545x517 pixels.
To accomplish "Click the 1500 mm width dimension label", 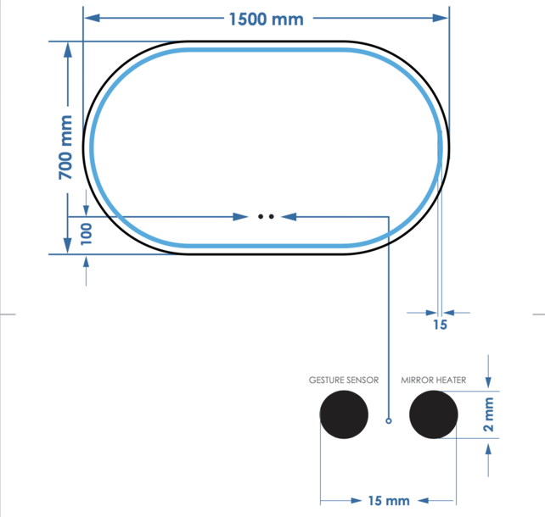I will pyautogui.click(x=266, y=19).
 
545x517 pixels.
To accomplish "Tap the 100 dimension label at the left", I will pyautogui.click(x=86, y=233).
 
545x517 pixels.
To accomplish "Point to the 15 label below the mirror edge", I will pyautogui.click(x=440, y=324).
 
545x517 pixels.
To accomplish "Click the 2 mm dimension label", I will pyautogui.click(x=488, y=415).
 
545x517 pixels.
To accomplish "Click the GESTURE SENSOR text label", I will pyautogui.click(x=344, y=381).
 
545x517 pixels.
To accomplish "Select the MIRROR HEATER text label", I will pyautogui.click(x=433, y=381).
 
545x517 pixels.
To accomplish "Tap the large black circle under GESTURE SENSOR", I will pyautogui.click(x=344, y=415).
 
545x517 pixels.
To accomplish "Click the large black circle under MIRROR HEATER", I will pyautogui.click(x=433, y=415).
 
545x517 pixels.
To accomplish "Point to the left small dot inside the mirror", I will pyautogui.click(x=261, y=217).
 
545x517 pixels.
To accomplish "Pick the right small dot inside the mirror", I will pyautogui.click(x=272, y=217).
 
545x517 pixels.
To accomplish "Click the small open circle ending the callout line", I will pyautogui.click(x=389, y=420).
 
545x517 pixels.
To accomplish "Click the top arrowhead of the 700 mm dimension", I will pyautogui.click(x=67, y=49).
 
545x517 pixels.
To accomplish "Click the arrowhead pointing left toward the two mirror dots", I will pyautogui.click(x=289, y=217).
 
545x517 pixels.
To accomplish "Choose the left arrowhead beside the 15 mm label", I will pyautogui.click(x=328, y=500).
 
